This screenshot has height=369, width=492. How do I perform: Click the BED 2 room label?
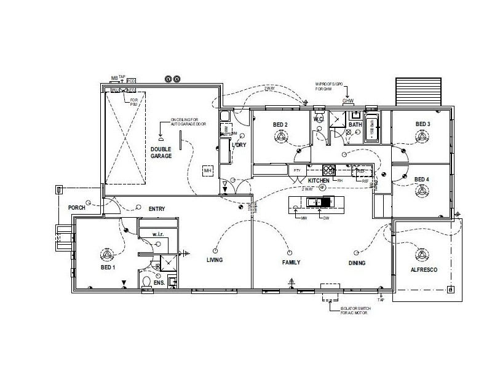280,125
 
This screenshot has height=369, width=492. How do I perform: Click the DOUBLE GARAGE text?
161,153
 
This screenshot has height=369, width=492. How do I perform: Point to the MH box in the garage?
208,170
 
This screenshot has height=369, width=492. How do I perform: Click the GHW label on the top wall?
348,101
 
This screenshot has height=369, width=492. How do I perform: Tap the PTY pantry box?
296,170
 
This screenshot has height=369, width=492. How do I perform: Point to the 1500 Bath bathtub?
371,129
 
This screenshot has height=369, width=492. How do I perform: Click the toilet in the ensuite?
146,282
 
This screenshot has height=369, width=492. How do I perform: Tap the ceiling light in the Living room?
215,250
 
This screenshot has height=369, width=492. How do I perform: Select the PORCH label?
76,208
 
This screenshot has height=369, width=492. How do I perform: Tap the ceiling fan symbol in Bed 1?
107,254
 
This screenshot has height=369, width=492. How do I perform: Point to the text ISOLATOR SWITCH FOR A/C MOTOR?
357,311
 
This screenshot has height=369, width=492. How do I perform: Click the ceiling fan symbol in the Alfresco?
422,255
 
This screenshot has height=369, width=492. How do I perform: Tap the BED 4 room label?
422,180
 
